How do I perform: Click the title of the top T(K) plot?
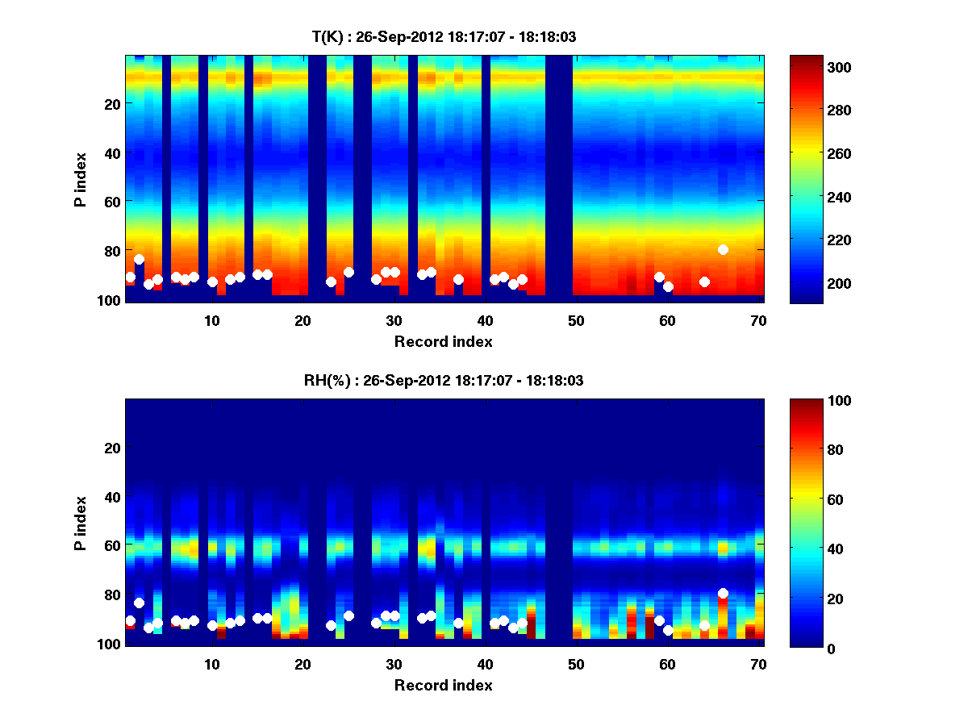[x=444, y=36]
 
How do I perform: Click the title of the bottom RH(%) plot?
[x=444, y=380]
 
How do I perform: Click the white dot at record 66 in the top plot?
[x=723, y=250]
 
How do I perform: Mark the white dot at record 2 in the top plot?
[x=139, y=260]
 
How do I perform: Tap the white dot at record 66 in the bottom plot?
[x=723, y=594]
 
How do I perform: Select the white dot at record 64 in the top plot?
[x=704, y=282]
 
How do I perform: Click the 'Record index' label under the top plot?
[x=444, y=341]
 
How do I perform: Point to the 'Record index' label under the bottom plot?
[x=444, y=685]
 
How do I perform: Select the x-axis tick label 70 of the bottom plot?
[x=758, y=664]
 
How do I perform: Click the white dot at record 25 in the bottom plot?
[x=348, y=615]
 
